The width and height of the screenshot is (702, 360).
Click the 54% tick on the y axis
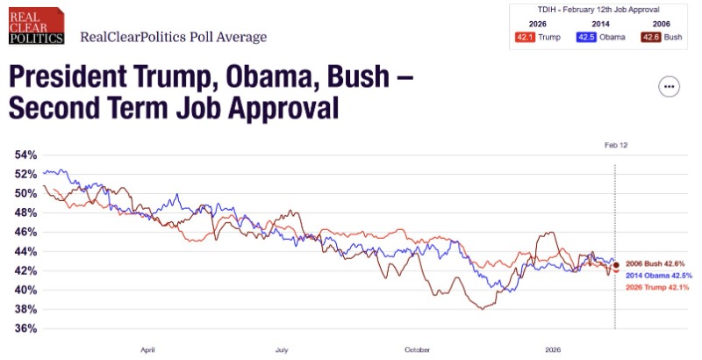[x=25, y=155]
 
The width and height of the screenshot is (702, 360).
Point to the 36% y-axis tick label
[x=25, y=328]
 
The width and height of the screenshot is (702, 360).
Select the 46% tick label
[x=25, y=232]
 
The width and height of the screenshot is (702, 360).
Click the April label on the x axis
[x=147, y=349]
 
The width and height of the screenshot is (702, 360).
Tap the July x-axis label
[x=282, y=349]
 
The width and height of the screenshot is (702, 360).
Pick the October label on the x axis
[x=417, y=349]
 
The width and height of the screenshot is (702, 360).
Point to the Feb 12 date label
[x=616, y=144]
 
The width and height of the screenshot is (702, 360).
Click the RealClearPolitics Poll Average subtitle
[x=173, y=37]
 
